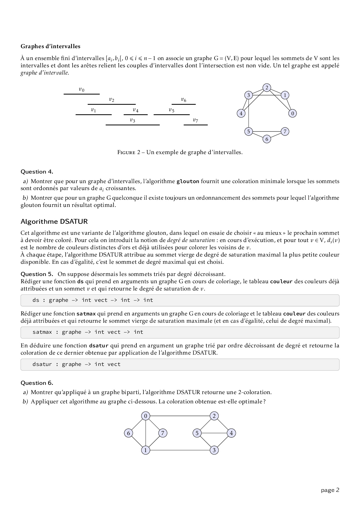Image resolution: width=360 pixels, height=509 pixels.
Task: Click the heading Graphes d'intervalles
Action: pos(50,46)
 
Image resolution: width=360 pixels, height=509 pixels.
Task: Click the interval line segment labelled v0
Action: pos(82,94)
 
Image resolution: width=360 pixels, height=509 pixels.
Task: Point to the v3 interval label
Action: pos(132,120)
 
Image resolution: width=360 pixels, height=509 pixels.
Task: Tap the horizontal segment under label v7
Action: pos(196,125)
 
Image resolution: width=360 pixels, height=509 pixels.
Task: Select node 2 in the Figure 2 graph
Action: pos(267,88)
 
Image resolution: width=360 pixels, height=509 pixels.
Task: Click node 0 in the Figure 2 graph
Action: pos(292,113)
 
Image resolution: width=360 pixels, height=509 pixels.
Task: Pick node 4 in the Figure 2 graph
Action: pos(241,113)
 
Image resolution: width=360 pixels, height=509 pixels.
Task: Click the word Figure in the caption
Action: pos(127,152)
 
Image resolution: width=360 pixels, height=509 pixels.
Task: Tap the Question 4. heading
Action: pos(37,172)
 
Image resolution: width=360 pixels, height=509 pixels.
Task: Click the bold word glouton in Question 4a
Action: pos(188,182)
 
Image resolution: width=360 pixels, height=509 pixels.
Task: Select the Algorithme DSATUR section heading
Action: pos(54,222)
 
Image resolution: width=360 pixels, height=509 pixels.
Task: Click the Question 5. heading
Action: pos(37,274)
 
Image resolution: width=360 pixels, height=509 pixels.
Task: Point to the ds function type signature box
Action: pos(180,300)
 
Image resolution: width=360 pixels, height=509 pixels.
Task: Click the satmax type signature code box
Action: pos(180,332)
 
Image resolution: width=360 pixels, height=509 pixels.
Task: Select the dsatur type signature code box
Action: pos(180,364)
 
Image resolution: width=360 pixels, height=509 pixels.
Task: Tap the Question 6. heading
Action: pos(37,383)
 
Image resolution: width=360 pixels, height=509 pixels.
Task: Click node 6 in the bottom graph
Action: pos(128,433)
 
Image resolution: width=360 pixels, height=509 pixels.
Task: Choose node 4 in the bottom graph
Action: pos(231,433)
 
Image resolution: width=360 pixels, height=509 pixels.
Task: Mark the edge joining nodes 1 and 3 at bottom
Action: pos(180,450)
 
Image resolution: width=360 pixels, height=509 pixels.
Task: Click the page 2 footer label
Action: pos(330,490)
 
